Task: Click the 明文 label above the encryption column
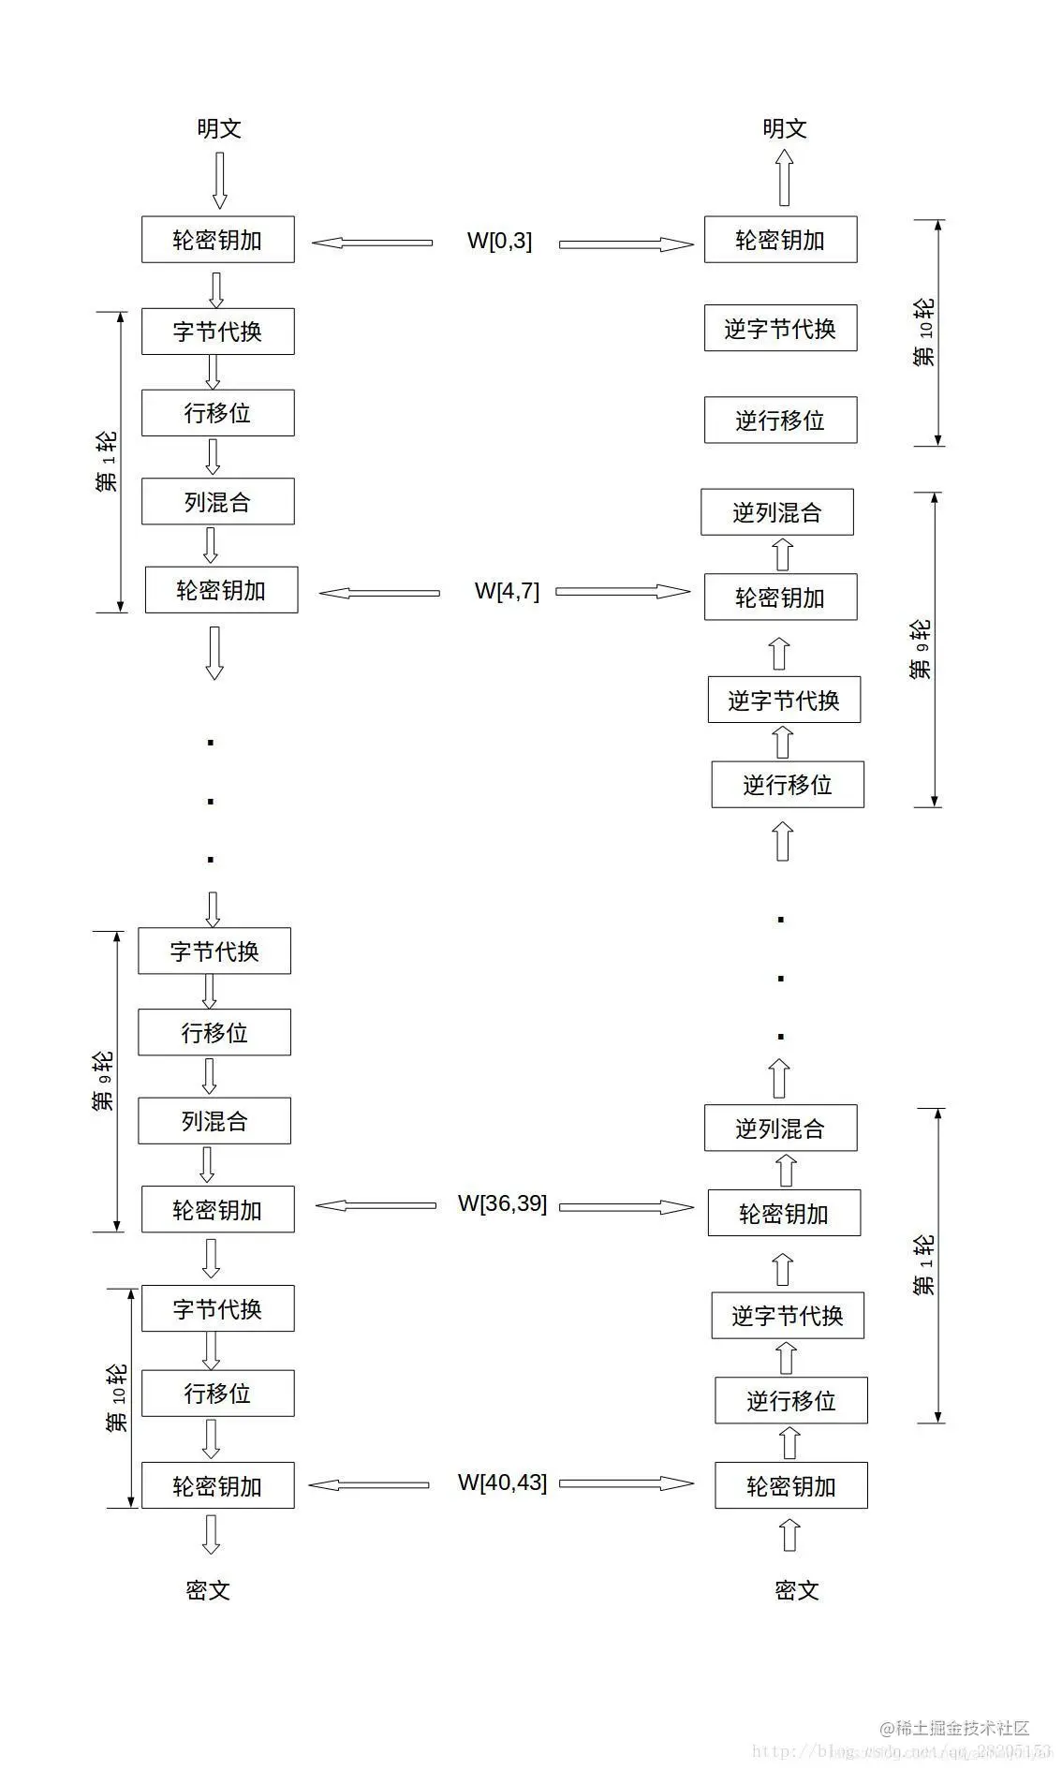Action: point(219,128)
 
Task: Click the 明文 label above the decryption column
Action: point(784,128)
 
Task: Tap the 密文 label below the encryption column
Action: point(208,1589)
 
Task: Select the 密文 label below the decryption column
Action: point(797,1589)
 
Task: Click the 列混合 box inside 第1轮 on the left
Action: point(217,502)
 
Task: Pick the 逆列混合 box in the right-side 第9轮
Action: point(776,512)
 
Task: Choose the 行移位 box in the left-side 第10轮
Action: point(217,1394)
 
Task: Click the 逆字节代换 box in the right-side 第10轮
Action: point(780,329)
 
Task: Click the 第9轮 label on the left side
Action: point(103,1082)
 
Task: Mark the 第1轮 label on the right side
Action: point(923,1265)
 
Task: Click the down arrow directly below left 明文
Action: point(220,180)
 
